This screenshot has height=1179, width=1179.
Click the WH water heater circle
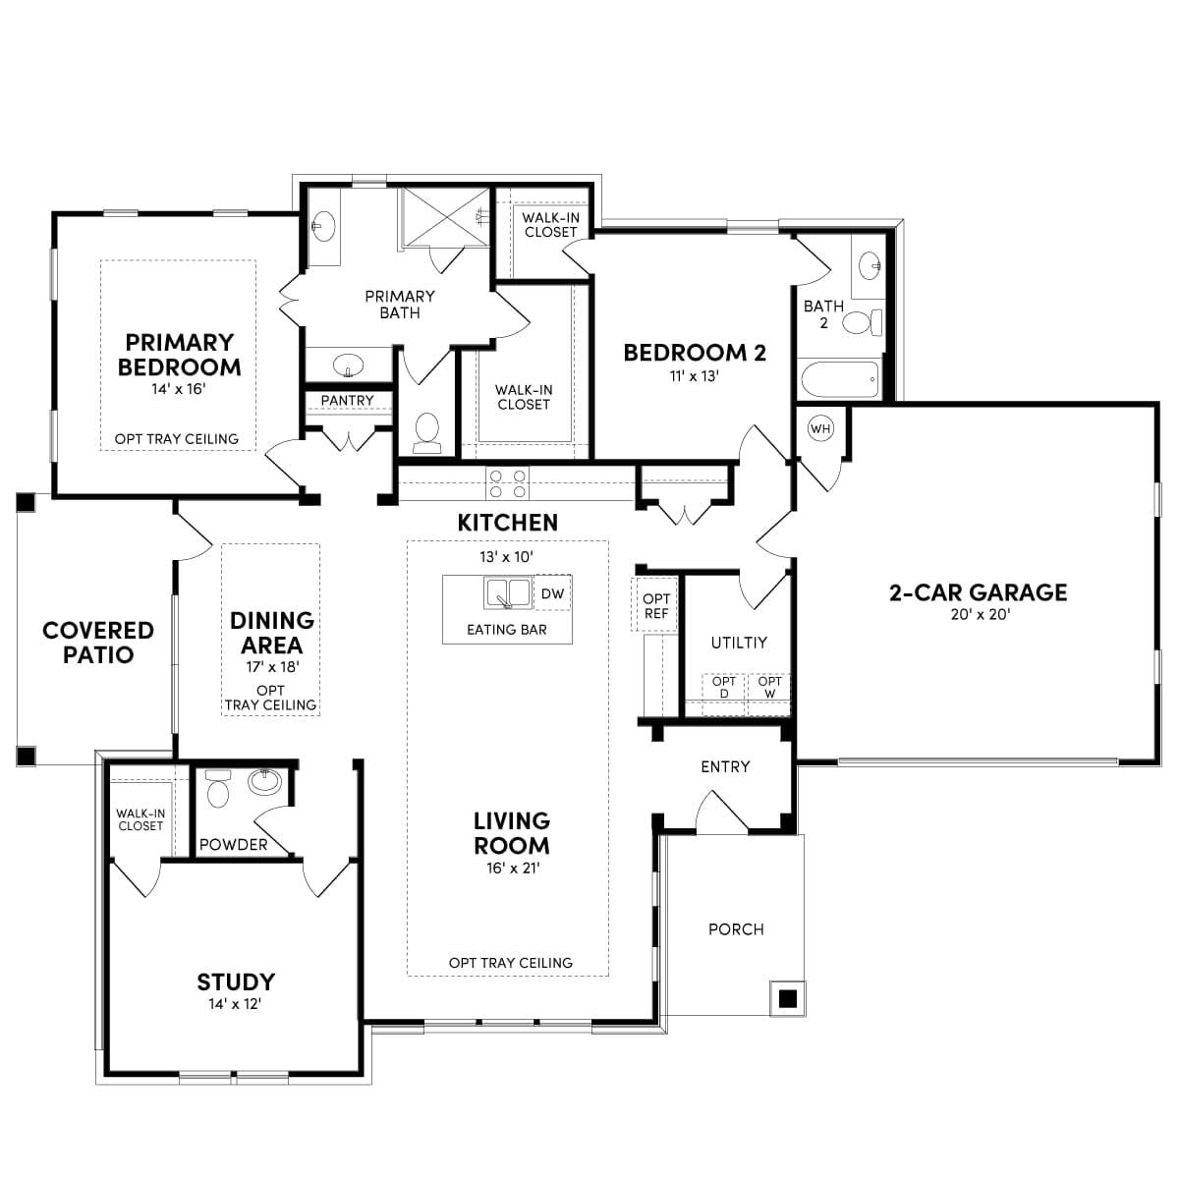[x=820, y=428]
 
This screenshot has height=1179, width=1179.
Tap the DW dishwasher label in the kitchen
[x=552, y=593]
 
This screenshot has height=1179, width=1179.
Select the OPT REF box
[x=655, y=605]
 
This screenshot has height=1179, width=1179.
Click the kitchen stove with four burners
[x=507, y=483]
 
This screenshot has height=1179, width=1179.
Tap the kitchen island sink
[x=508, y=593]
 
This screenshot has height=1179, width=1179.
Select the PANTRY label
[x=347, y=401]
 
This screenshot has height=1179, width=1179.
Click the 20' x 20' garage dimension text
[x=978, y=615]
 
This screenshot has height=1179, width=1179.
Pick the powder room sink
[x=264, y=782]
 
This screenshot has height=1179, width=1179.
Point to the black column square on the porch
[x=786, y=999]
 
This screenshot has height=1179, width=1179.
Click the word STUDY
[x=236, y=982]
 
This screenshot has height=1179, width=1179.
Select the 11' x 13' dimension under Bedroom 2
[x=695, y=375]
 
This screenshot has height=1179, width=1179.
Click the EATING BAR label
[x=507, y=630]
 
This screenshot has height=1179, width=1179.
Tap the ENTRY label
[x=725, y=766]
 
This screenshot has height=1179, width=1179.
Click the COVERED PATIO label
[x=98, y=643]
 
